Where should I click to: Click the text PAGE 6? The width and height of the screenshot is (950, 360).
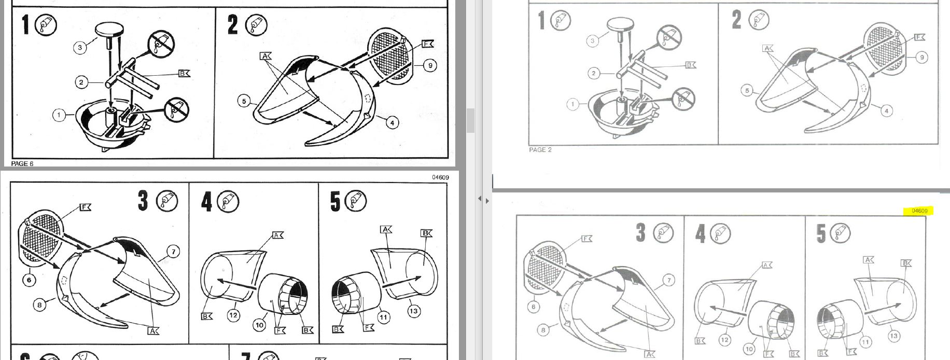coord(22,163)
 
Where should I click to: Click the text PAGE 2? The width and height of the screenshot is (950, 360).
coord(540,150)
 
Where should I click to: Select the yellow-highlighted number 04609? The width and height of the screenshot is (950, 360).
coord(919,211)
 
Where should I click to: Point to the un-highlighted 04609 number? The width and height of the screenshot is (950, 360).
coord(440,177)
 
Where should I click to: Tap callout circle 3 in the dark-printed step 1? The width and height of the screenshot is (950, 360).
coord(80,48)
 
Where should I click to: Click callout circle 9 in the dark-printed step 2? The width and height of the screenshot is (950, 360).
coord(429,65)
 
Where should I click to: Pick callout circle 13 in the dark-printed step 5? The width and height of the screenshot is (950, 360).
coord(413,311)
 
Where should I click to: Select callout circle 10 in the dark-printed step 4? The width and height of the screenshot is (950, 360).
coord(259,325)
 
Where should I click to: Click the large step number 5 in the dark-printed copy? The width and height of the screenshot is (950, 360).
coord(336,201)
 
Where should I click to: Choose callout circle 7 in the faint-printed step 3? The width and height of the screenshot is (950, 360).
coord(669,281)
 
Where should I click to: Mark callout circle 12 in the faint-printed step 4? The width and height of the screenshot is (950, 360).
coord(724,340)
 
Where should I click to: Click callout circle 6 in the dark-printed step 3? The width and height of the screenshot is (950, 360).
coord(29,280)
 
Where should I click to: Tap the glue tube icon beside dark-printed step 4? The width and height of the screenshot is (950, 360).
coord(229,201)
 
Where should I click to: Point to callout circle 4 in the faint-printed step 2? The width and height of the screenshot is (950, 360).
coord(886,111)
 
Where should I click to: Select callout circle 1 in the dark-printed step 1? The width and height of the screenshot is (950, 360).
coord(59,115)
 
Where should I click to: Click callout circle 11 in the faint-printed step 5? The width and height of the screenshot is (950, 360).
coord(865,342)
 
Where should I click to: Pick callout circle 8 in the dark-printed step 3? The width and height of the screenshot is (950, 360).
coord(39,305)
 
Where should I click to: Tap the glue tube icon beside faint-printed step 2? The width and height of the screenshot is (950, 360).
coord(759,20)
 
